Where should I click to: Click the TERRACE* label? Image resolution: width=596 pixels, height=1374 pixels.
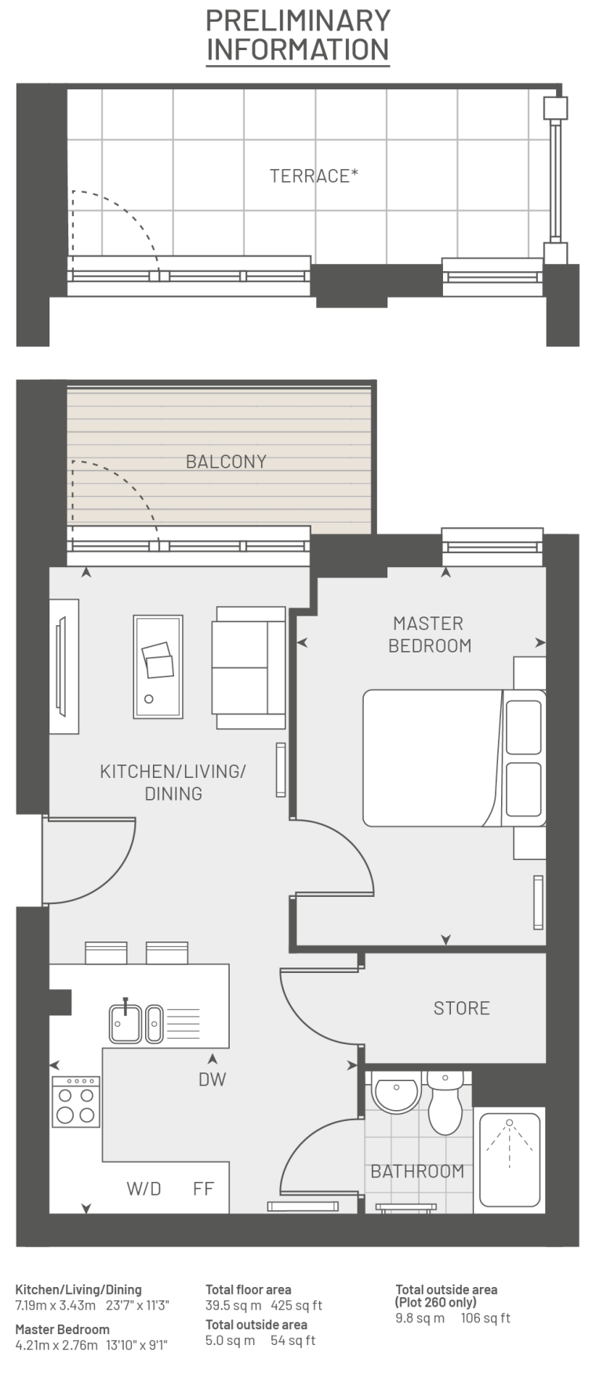(x=314, y=175)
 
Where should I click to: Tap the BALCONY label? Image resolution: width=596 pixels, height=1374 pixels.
(x=226, y=461)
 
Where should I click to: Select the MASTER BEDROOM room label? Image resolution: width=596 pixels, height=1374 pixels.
(x=430, y=635)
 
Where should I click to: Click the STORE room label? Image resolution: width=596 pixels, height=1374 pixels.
(x=461, y=1007)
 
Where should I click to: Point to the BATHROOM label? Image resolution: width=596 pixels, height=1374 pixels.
(x=417, y=1171)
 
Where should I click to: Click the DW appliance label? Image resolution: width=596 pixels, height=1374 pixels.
(x=212, y=1079)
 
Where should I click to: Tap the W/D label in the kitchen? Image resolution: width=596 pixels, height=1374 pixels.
(x=144, y=1188)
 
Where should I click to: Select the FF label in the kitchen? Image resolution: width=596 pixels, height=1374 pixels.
(x=203, y=1188)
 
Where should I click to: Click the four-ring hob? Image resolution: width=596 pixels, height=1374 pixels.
(x=76, y=1101)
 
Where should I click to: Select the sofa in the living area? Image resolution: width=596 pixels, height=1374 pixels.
(x=248, y=668)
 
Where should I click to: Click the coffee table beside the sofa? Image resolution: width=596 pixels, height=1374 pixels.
(x=158, y=666)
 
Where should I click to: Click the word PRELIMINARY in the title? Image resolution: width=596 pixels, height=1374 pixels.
(x=298, y=20)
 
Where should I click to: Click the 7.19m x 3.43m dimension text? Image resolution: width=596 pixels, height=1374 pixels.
(x=55, y=1305)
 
